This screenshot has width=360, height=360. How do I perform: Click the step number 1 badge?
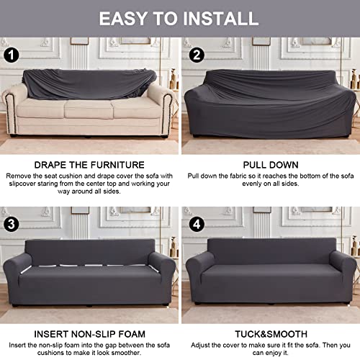(x=11, y=55)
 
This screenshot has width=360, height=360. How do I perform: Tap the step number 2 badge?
(x=197, y=55)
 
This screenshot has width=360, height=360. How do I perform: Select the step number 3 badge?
(x=11, y=225)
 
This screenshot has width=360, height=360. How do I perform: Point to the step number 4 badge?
(x=197, y=225)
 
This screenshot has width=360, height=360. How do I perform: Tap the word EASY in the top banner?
(x=123, y=19)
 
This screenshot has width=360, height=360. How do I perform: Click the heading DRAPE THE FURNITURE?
(x=89, y=165)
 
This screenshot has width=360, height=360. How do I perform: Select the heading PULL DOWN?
(x=271, y=165)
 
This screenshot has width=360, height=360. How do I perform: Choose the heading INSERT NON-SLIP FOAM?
(x=89, y=334)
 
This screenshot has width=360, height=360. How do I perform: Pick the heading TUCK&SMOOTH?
(x=271, y=334)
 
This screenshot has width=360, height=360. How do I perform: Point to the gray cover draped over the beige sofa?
(x=89, y=84)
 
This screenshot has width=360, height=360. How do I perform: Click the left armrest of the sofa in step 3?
(x=17, y=276)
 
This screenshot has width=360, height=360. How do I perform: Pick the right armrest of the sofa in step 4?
(x=343, y=274)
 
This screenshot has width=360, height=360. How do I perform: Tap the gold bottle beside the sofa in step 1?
(x=173, y=79)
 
